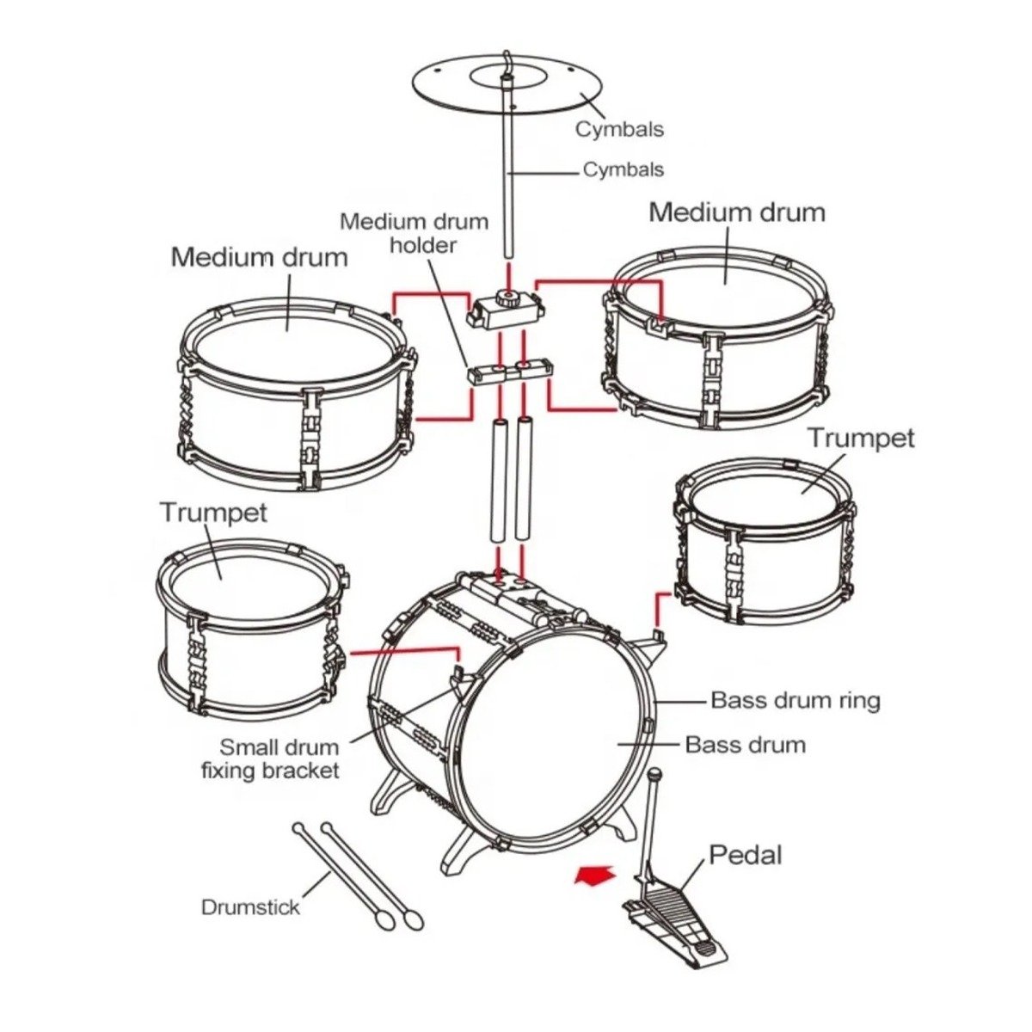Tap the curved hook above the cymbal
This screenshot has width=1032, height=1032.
pos(509,60)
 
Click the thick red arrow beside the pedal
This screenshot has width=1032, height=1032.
pos(595,875)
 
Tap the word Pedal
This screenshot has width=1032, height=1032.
pos(745,855)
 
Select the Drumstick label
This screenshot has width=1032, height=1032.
pos(250,906)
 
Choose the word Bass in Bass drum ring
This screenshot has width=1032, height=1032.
pos(738,701)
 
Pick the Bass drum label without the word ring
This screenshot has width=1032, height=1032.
pos(745,744)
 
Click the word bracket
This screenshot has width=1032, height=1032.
pos(300,770)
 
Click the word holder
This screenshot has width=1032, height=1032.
pos(422,245)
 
